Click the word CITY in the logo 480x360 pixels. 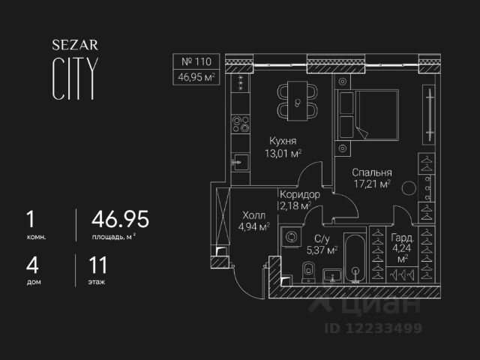click(x=73, y=80)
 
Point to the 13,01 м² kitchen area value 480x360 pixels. click(x=282, y=154)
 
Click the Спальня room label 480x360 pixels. click(x=371, y=170)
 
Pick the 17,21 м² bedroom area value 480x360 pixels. click(x=372, y=184)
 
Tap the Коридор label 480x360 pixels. click(x=300, y=195)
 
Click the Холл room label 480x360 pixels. click(x=253, y=212)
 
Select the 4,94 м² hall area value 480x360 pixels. click(x=253, y=226)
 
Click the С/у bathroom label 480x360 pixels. click(x=325, y=239)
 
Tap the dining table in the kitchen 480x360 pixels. click(x=298, y=102)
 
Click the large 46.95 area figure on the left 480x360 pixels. click(x=120, y=219)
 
